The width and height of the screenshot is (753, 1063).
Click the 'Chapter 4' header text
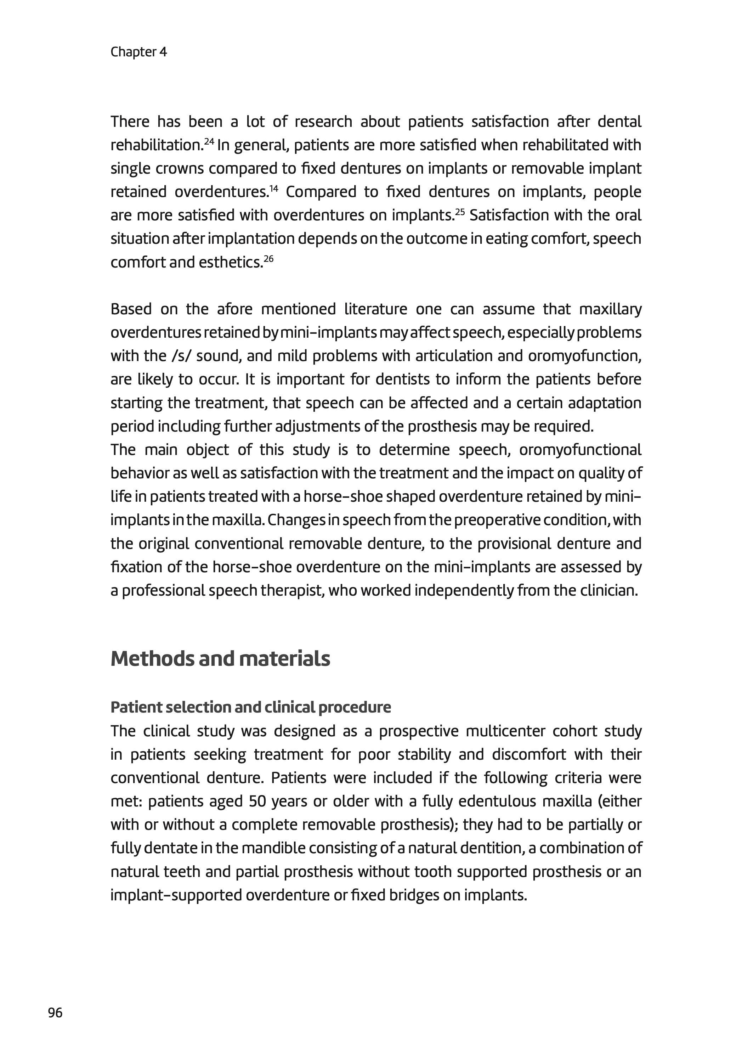[138, 52]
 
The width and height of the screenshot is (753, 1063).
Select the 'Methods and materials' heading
[220, 659]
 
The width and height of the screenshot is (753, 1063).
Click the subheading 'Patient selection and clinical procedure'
[250, 707]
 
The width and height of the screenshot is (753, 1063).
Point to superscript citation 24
[209, 141]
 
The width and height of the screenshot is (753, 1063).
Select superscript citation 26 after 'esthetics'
[269, 258]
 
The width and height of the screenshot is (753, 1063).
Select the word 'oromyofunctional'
[580, 450]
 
